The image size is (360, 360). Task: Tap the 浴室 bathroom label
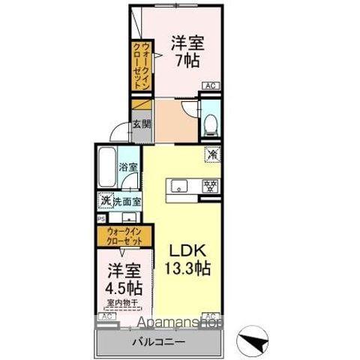tap(127, 167)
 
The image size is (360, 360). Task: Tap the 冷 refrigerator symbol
tap(213, 154)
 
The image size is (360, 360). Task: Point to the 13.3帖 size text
tap(184, 268)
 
